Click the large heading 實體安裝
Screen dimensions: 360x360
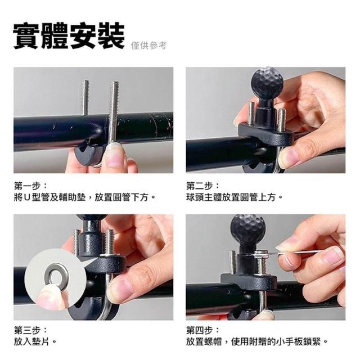click(x=69, y=35)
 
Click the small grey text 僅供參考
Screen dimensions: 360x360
click(x=148, y=46)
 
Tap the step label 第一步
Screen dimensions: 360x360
click(x=28, y=186)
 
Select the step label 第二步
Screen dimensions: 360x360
click(x=200, y=186)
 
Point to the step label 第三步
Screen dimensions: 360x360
click(x=28, y=331)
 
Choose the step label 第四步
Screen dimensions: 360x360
click(x=200, y=331)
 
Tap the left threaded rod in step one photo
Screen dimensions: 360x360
click(x=85, y=97)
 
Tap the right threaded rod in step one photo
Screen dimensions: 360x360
click(x=114, y=112)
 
